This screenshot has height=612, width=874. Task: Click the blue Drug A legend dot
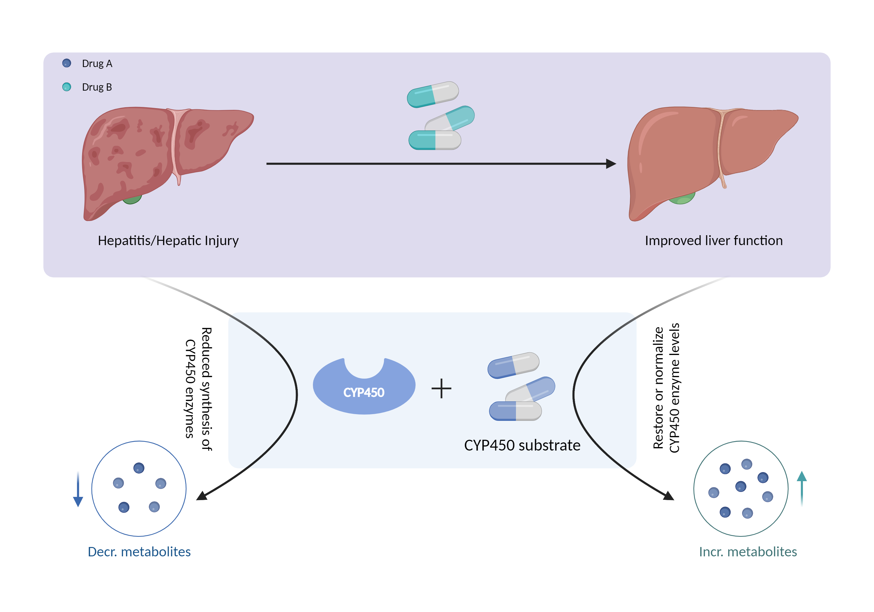67,63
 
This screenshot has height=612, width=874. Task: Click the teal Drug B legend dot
67,87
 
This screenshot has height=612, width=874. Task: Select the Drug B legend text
97,87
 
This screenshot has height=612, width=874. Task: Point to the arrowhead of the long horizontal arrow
611,164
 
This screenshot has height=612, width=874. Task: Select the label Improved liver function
713,241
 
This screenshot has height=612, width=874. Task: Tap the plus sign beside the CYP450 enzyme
441,388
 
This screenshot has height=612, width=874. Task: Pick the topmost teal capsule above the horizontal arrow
433,94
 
